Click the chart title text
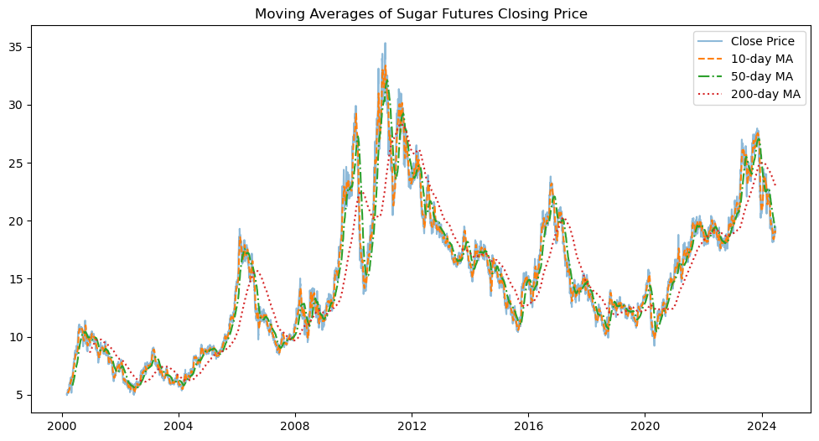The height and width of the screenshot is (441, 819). click(x=421, y=13)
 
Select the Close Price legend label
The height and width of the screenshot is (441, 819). click(x=762, y=41)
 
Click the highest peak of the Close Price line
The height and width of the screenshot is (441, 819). click(x=385, y=44)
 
